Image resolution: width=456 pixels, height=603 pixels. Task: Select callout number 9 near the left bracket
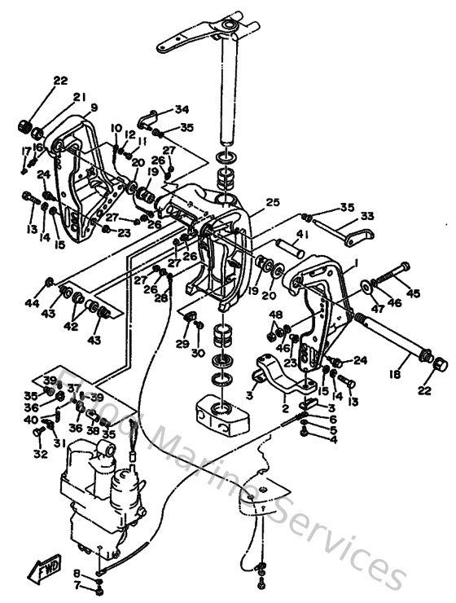tap(94, 107)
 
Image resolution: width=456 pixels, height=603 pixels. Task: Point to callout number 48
tap(276, 315)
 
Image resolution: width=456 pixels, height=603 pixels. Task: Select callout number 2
tap(285, 409)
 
